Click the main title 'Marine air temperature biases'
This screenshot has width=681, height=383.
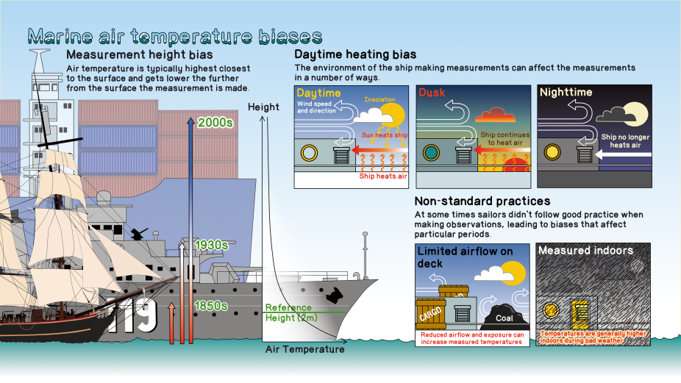tap(174, 36)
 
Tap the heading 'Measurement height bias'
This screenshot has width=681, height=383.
tap(140, 55)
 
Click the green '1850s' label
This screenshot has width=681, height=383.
tap(210, 305)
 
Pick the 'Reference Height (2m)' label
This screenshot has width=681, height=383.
tap(288, 312)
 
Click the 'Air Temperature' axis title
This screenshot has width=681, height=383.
tap(304, 350)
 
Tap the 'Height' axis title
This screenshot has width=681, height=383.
tap(263, 107)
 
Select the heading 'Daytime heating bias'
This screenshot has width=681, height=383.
tap(355, 54)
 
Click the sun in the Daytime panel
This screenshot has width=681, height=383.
tap(394, 113)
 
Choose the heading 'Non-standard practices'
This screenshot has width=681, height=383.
tap(482, 201)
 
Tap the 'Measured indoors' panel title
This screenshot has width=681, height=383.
tap(585, 251)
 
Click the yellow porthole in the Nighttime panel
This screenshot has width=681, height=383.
tap(552, 154)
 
